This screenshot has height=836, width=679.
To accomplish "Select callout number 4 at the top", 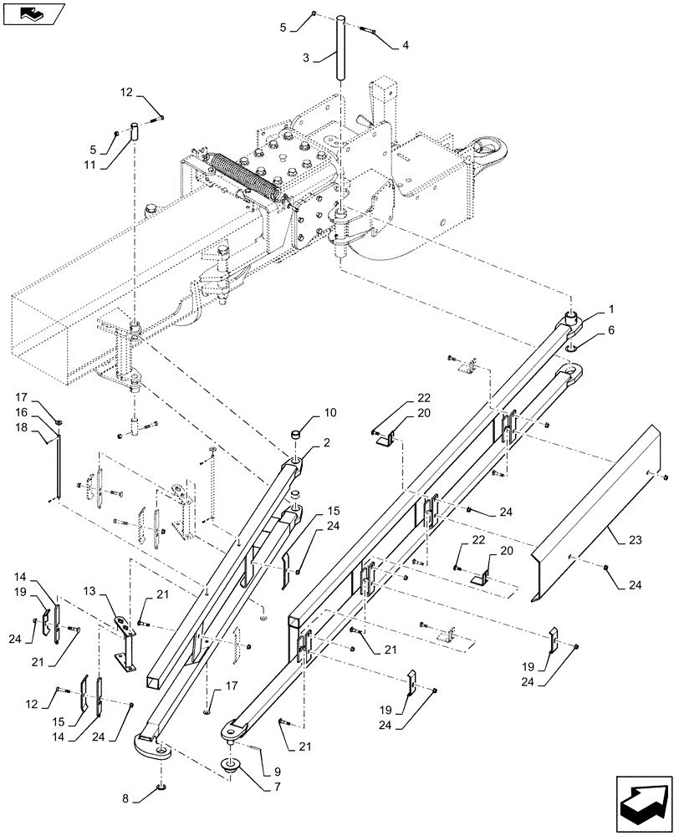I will click(406, 44).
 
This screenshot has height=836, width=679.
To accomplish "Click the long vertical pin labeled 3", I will click(342, 47).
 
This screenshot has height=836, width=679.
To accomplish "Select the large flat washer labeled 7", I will click(227, 767).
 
